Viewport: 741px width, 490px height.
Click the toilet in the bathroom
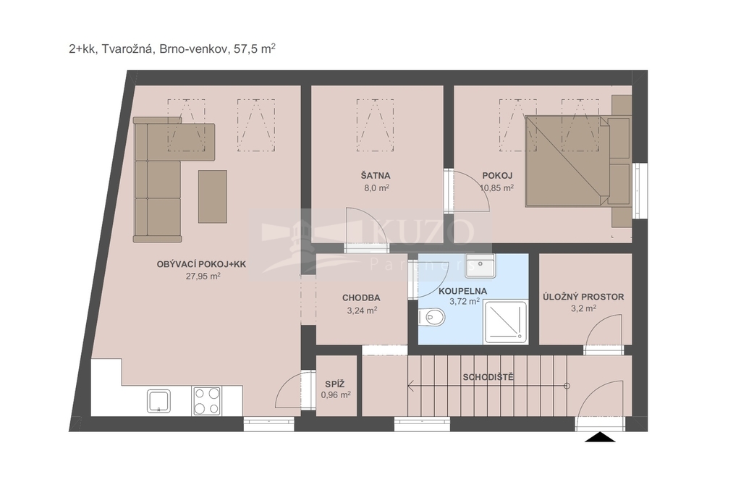(431, 317)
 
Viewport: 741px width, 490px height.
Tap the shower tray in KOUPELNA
(506, 322)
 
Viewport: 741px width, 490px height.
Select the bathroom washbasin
(480, 266)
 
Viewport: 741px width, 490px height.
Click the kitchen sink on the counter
(158, 401)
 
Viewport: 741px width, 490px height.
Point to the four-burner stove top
(206, 401)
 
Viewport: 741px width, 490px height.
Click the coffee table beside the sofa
(213, 197)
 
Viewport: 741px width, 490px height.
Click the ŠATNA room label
(376, 176)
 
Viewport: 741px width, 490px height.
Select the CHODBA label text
(361, 298)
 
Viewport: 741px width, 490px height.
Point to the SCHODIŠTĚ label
(488, 377)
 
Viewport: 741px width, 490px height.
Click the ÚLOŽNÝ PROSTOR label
(583, 297)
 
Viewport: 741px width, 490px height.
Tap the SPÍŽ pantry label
(334, 384)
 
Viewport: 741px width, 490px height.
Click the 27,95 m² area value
(203, 276)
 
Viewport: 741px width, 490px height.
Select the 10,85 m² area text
(496, 187)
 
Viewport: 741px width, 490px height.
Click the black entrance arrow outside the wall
(600, 437)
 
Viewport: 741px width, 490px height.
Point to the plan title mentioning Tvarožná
(172, 49)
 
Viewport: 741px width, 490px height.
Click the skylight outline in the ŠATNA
(376, 125)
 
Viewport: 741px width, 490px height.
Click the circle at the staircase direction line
(567, 386)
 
